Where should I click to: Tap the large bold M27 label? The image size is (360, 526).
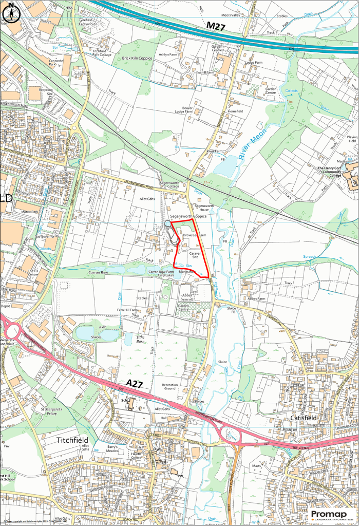[219, 25]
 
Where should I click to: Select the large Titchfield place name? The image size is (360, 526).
[72, 440]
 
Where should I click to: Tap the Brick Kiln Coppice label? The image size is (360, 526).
[137, 59]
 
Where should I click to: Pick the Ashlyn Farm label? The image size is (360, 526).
[167, 54]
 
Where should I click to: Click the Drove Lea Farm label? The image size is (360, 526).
[194, 235]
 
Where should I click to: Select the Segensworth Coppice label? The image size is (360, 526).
[188, 217]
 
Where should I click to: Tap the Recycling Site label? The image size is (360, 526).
[46, 92]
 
